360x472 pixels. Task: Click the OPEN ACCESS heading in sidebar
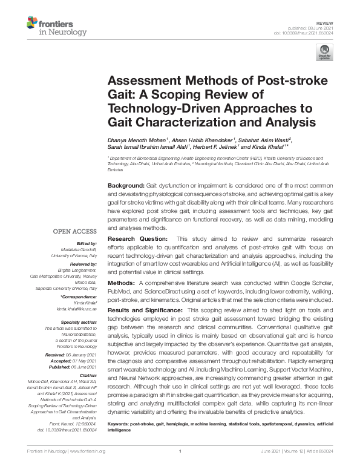tap(73, 232)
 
